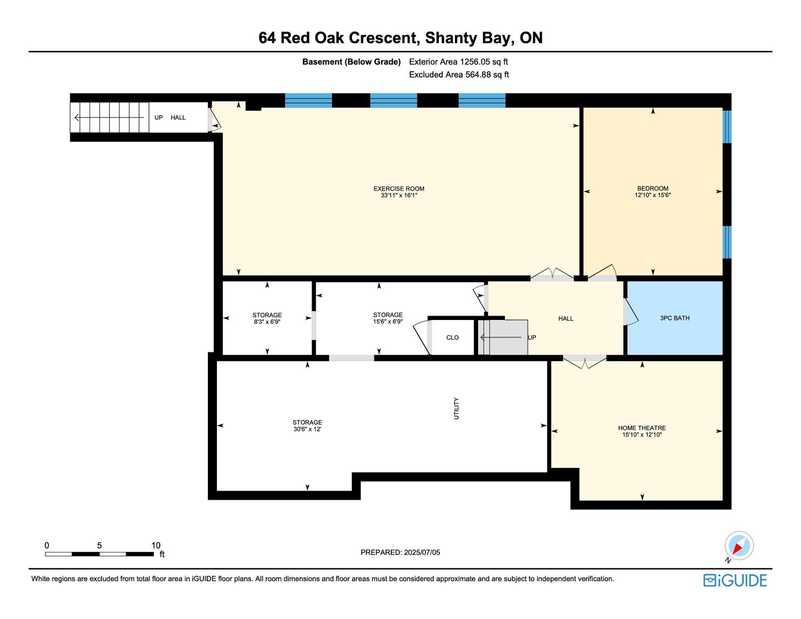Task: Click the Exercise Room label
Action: (x=399, y=189)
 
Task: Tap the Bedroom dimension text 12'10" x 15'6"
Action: (x=653, y=195)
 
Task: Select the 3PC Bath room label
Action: (x=675, y=318)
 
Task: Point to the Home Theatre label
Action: (x=642, y=428)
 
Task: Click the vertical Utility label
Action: (x=456, y=409)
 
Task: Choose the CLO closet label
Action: (x=452, y=337)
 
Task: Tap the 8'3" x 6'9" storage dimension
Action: (x=267, y=322)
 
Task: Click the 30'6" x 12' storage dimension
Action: (x=308, y=429)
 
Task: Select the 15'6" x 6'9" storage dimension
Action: (x=388, y=321)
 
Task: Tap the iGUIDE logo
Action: (x=735, y=580)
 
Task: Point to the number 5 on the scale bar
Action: (x=99, y=545)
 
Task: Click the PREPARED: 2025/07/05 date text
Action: (x=400, y=552)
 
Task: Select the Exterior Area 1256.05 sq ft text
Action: (x=459, y=62)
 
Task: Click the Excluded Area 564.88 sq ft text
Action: (x=459, y=75)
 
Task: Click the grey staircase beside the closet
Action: (x=503, y=337)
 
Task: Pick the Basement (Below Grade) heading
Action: (x=351, y=62)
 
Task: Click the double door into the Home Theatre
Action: (x=585, y=362)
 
